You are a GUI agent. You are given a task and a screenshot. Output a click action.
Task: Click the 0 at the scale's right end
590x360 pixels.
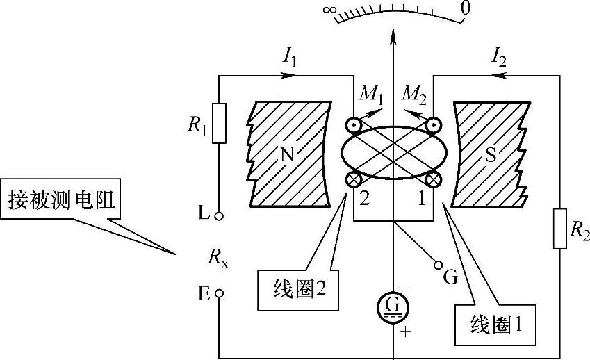[466, 8]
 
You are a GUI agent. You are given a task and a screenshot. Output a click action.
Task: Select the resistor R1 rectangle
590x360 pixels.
[220, 124]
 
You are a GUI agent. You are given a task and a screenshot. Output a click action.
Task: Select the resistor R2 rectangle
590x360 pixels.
[560, 227]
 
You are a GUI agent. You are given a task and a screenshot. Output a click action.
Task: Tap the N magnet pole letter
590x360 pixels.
[286, 154]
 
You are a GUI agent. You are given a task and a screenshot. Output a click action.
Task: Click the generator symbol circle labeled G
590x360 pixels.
[394, 306]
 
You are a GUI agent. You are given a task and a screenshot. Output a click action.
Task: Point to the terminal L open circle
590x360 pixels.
[219, 216]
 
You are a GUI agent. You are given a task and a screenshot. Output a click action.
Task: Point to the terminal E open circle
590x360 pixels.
[219, 293]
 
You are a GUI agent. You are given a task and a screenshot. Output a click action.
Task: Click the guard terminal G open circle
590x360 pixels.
[438, 265]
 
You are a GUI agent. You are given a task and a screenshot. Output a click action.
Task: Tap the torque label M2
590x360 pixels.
[416, 95]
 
